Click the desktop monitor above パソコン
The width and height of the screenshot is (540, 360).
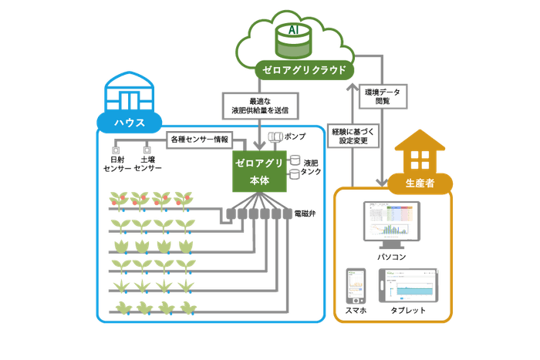390,220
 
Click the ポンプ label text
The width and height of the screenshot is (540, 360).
295,136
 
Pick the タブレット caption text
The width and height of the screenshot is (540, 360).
408,310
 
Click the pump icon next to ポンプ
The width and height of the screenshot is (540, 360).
277,138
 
